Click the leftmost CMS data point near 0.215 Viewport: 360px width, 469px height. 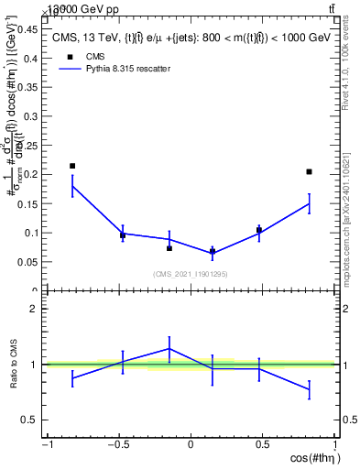click(x=72, y=166)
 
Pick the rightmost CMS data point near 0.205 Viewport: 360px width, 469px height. click(x=310, y=171)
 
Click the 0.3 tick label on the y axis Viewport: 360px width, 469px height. click(x=31, y=115)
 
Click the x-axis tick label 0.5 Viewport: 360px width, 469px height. click(x=264, y=445)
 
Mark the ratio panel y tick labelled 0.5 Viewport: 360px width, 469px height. click(x=31, y=420)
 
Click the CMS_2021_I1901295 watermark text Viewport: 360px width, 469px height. click(x=190, y=274)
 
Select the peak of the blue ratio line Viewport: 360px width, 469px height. click(x=169, y=348)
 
